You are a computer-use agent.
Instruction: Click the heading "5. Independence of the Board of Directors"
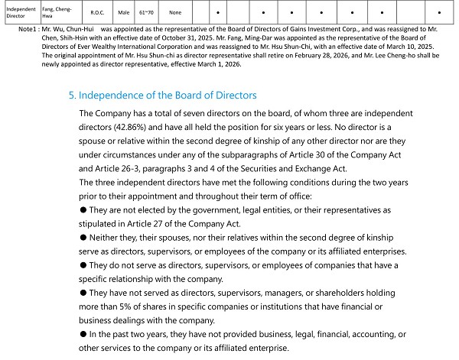tap(162, 96)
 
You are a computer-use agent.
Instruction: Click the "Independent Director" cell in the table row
tap(16, 12)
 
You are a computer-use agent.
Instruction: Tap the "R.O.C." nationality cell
tap(97, 12)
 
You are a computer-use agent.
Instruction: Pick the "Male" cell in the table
tap(124, 12)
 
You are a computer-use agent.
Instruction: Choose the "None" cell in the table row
tap(175, 12)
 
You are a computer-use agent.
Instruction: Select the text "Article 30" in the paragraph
tap(308, 154)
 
